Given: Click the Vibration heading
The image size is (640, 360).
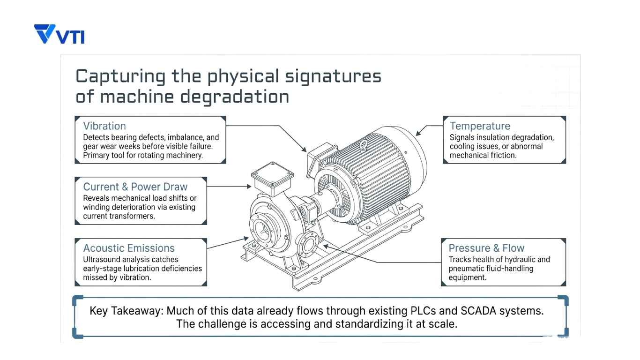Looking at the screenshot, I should pyautogui.click(x=104, y=126).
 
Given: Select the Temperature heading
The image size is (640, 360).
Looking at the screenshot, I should pyautogui.click(x=480, y=126).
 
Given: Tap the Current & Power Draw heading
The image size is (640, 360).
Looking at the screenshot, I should pyautogui.click(x=135, y=187).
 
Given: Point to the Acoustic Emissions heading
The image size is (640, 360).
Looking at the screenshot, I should pyautogui.click(x=129, y=248).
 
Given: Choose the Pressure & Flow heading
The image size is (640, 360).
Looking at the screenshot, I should pyautogui.click(x=486, y=248).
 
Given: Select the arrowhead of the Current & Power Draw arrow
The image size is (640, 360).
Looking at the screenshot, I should pyautogui.click(x=249, y=187).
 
